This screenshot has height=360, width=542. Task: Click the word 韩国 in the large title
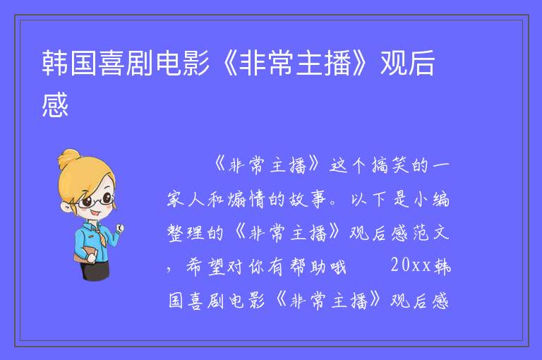(69, 63)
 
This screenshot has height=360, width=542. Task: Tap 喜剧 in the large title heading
(126, 63)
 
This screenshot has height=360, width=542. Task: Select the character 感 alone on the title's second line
(55, 104)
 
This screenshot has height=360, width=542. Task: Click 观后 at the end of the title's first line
(407, 63)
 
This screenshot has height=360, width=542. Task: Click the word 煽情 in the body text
(246, 199)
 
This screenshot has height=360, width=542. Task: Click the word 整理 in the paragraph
(186, 232)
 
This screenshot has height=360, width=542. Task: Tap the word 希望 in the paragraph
(206, 267)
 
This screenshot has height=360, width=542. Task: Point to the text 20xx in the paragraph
(411, 265)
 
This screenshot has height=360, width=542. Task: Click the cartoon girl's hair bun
(69, 158)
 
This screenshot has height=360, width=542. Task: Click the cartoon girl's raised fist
(120, 228)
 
